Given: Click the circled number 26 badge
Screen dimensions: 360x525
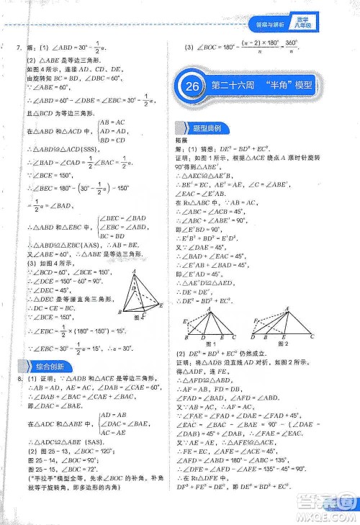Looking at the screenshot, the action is click(x=190, y=104).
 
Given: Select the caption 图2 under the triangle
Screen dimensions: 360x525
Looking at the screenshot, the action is click(x=284, y=344).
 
